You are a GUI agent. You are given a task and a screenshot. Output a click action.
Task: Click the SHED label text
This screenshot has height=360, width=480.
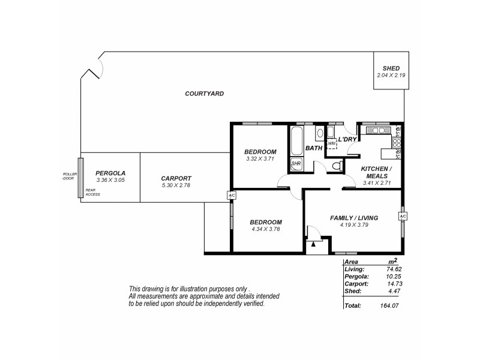(391, 68)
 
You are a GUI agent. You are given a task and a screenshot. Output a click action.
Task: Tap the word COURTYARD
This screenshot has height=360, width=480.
(205, 94)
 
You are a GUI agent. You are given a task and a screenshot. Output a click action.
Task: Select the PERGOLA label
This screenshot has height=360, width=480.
(110, 173)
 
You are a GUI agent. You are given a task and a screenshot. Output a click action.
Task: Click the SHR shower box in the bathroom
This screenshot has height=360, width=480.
(296, 163)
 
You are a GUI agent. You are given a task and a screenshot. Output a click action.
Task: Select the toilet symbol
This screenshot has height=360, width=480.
(337, 166)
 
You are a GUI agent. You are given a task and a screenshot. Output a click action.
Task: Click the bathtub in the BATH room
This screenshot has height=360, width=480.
(297, 142)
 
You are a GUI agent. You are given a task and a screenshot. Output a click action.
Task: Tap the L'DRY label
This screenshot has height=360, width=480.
(347, 139)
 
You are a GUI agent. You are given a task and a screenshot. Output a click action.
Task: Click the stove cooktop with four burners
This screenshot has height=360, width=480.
(379, 130)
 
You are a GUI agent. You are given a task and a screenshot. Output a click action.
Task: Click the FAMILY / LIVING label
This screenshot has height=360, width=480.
(354, 218)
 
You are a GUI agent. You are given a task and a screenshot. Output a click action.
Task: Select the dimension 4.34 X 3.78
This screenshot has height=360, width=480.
(265, 229)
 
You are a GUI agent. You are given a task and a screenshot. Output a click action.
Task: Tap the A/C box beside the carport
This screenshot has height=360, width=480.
(231, 196)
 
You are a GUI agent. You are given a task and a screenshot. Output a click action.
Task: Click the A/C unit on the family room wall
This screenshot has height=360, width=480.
(403, 216)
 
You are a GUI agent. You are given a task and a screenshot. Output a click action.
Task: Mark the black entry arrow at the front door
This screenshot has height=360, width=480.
(313, 244)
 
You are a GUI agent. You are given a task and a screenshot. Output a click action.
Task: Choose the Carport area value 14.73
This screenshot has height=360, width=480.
(394, 284)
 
